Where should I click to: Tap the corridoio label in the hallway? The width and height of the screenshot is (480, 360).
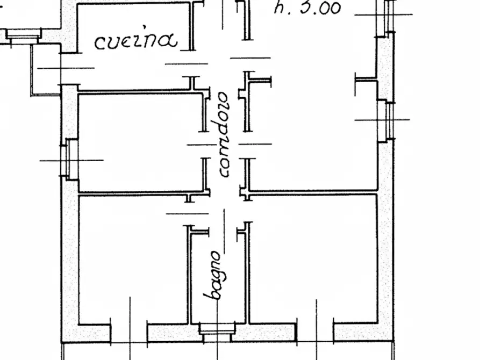(x=224, y=135)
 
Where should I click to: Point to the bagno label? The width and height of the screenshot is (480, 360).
(x=212, y=275)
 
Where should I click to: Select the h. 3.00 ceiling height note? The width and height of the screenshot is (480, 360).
(x=307, y=8)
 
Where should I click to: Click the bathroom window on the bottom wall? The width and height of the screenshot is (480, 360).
(x=217, y=331)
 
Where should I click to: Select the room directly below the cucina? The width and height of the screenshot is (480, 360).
(x=140, y=142)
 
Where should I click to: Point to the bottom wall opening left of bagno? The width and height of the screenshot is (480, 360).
(x=129, y=332)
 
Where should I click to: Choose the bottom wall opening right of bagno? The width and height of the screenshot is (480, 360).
(x=315, y=332)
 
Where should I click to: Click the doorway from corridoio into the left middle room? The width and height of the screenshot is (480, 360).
(x=205, y=145)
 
